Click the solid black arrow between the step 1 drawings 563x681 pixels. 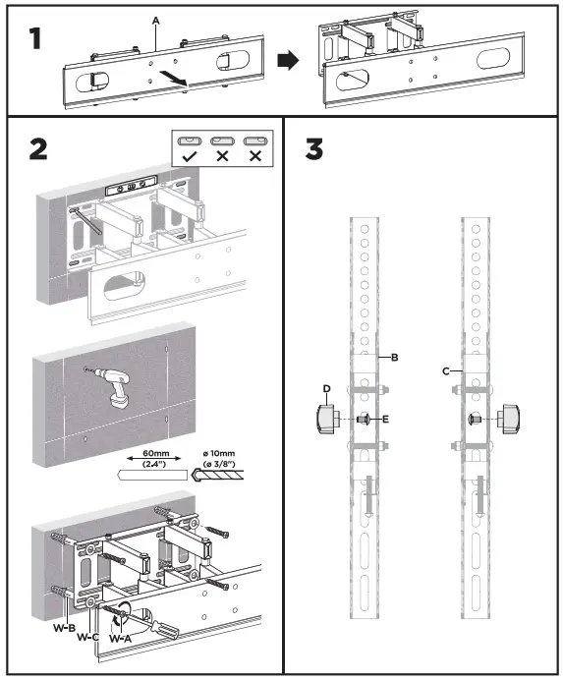pos(287,61)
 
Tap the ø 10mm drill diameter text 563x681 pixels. pos(226,455)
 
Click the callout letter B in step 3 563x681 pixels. pos(393,359)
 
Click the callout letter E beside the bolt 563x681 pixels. pos(386,420)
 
